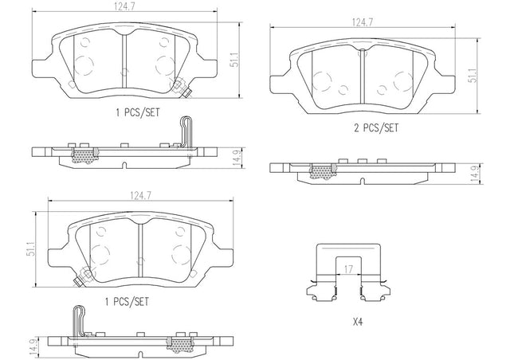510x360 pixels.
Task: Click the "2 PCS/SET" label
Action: pyautogui.click(x=376, y=127)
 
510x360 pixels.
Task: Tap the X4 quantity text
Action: pyautogui.click(x=358, y=322)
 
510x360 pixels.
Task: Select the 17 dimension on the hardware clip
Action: pyautogui.click(x=348, y=269)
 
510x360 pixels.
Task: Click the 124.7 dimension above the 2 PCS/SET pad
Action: pyautogui.click(x=363, y=22)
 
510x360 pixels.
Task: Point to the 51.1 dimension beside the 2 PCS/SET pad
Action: pyautogui.click(x=473, y=76)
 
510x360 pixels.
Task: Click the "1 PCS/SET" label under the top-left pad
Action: pyautogui.click(x=138, y=112)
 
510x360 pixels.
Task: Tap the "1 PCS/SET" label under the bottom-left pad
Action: pyautogui.click(x=127, y=302)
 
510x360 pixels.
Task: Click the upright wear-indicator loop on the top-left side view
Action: pyautogui.click(x=186, y=133)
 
